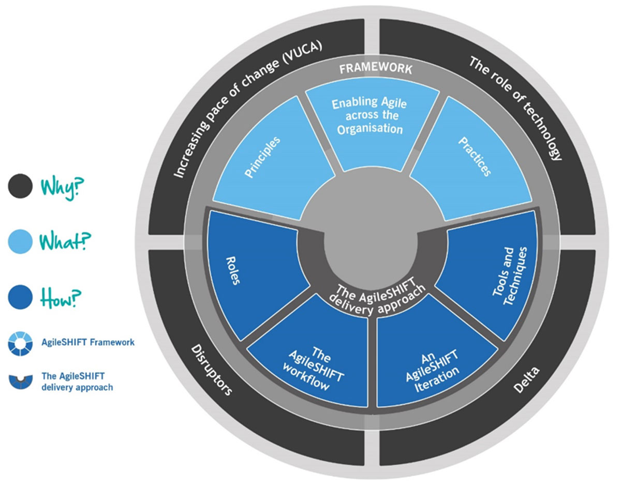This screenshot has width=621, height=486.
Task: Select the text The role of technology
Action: coord(515,109)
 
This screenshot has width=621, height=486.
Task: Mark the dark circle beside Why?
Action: coord(21,186)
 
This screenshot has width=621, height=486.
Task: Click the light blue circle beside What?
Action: coord(21,242)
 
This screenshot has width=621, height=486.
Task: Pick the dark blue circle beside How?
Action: coord(21,297)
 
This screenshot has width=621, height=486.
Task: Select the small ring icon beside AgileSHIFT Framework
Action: coord(21,343)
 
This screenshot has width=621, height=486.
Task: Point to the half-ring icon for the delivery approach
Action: coord(21,380)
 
